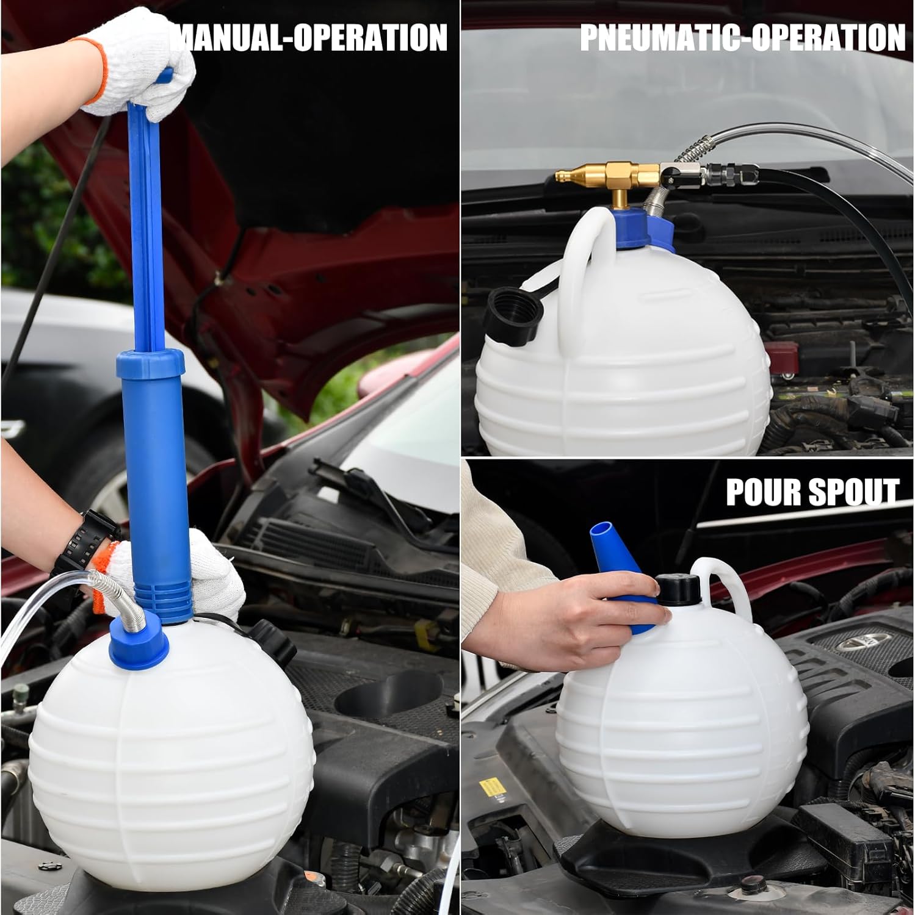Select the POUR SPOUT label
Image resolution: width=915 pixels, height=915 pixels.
tap(812, 492)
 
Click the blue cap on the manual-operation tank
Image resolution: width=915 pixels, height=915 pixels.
tap(139, 640)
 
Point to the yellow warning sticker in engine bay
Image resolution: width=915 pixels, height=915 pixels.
tap(488, 786)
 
